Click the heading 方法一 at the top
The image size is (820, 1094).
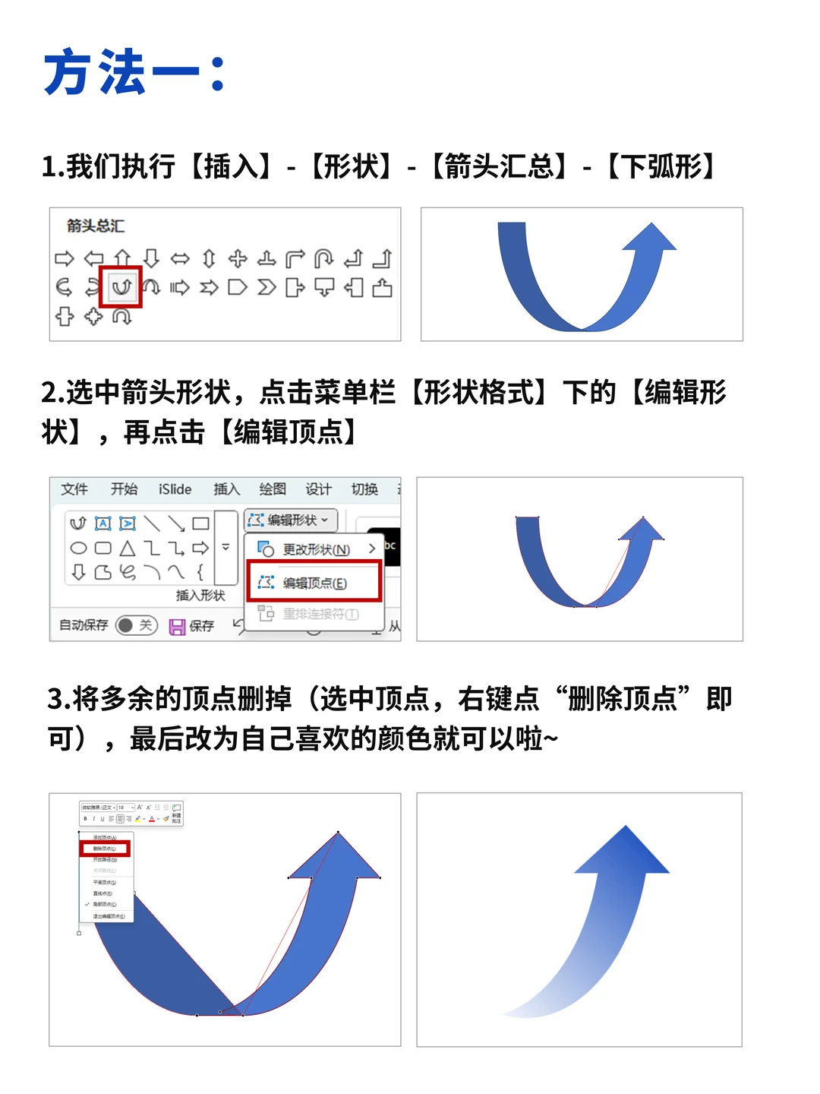[x=134, y=73]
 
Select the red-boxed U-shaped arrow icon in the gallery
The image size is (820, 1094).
[x=121, y=287]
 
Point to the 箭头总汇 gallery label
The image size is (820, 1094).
[x=96, y=226]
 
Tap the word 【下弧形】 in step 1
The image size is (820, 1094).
[x=661, y=166]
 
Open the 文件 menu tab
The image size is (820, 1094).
[x=74, y=489]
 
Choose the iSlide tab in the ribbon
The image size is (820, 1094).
[x=175, y=489]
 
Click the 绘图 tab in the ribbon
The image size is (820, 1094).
[x=273, y=489]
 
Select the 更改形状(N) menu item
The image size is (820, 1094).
[x=315, y=549]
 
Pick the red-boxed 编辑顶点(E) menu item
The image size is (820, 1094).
[x=314, y=583]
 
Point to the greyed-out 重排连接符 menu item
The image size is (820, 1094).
[x=320, y=614]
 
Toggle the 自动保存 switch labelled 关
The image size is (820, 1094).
[x=137, y=625]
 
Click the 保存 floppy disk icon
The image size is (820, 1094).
[x=178, y=626]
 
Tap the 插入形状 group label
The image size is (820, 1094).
[x=200, y=596]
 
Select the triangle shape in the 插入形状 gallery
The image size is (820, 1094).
[x=128, y=548]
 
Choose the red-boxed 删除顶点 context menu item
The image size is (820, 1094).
[x=105, y=848]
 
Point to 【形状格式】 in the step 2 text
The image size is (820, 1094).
[x=479, y=393]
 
